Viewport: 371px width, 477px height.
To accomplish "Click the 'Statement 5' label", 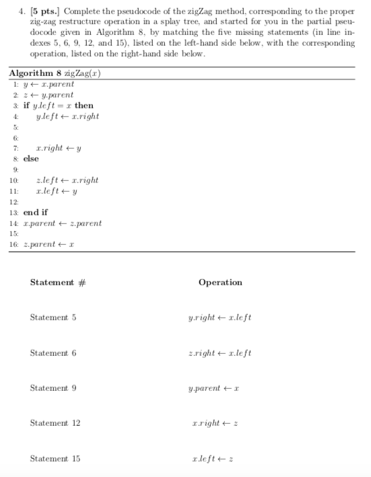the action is [53, 318].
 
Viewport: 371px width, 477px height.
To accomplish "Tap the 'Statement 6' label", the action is [53, 353].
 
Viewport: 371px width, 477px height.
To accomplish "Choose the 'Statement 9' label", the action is [53, 388].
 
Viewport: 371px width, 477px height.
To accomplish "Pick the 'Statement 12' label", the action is [55, 423].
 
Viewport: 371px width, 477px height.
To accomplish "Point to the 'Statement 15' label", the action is [55, 459].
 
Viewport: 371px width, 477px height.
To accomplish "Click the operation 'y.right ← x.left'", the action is [220, 318].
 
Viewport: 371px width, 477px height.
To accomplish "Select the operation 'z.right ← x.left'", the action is [220, 353].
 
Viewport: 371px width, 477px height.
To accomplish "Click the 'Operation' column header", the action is [220, 283].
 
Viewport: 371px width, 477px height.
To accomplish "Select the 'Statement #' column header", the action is [58, 283].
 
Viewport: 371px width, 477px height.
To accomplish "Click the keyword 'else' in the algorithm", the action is [31, 159].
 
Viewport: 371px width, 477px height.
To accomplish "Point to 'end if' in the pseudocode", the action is [36, 213].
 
